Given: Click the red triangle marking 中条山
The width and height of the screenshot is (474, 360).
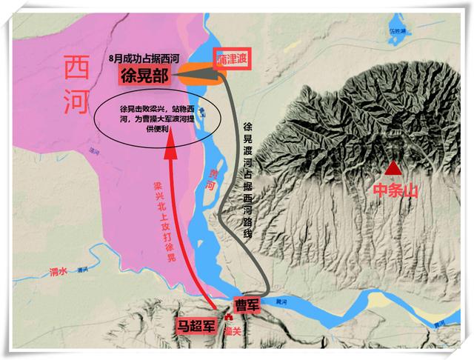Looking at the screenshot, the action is click(x=394, y=167).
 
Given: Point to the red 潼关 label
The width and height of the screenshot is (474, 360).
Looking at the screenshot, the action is click(x=235, y=331).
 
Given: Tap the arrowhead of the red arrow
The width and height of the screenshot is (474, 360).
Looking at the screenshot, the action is click(x=171, y=147).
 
